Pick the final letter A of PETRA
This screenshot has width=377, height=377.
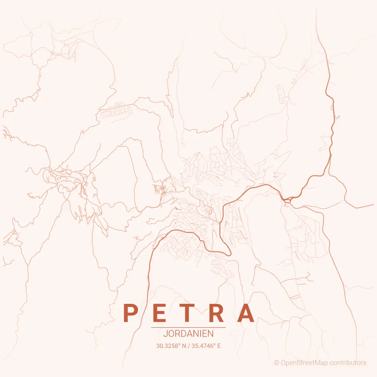tap(247, 313)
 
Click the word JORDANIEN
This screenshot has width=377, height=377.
tap(188, 334)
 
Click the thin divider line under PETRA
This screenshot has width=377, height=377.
tap(188, 328)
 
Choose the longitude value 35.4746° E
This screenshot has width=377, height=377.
tap(206, 345)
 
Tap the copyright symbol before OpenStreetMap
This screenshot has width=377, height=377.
tap(277, 363)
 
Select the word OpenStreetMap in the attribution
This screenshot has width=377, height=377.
tap(305, 363)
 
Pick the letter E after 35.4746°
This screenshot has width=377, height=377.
tap(219, 345)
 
